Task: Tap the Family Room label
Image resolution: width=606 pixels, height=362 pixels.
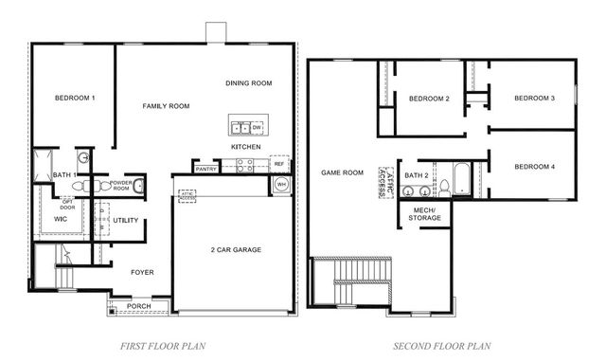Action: coord(166,106)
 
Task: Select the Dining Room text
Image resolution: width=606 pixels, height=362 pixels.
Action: coord(249,83)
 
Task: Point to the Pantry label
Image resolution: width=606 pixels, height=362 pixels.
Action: coord(206,169)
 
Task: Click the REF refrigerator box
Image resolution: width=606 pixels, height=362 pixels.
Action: coord(279,164)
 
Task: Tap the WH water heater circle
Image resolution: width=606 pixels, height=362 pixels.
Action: coord(281,186)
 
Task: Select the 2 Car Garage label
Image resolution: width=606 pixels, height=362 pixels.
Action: coord(236,250)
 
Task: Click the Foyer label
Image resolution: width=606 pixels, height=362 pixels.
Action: coord(142,272)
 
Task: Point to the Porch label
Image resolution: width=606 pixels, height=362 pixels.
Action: coord(139,306)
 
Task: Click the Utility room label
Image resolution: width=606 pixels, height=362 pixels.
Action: coord(126,221)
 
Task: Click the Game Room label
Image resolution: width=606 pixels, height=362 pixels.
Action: coord(343,172)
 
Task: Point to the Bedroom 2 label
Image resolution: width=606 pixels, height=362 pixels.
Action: coord(429,99)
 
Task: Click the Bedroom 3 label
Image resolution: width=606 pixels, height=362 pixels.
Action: coord(535,99)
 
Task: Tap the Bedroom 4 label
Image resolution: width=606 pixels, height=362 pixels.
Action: coord(535,167)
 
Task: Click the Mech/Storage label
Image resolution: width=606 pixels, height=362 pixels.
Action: coord(423,213)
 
